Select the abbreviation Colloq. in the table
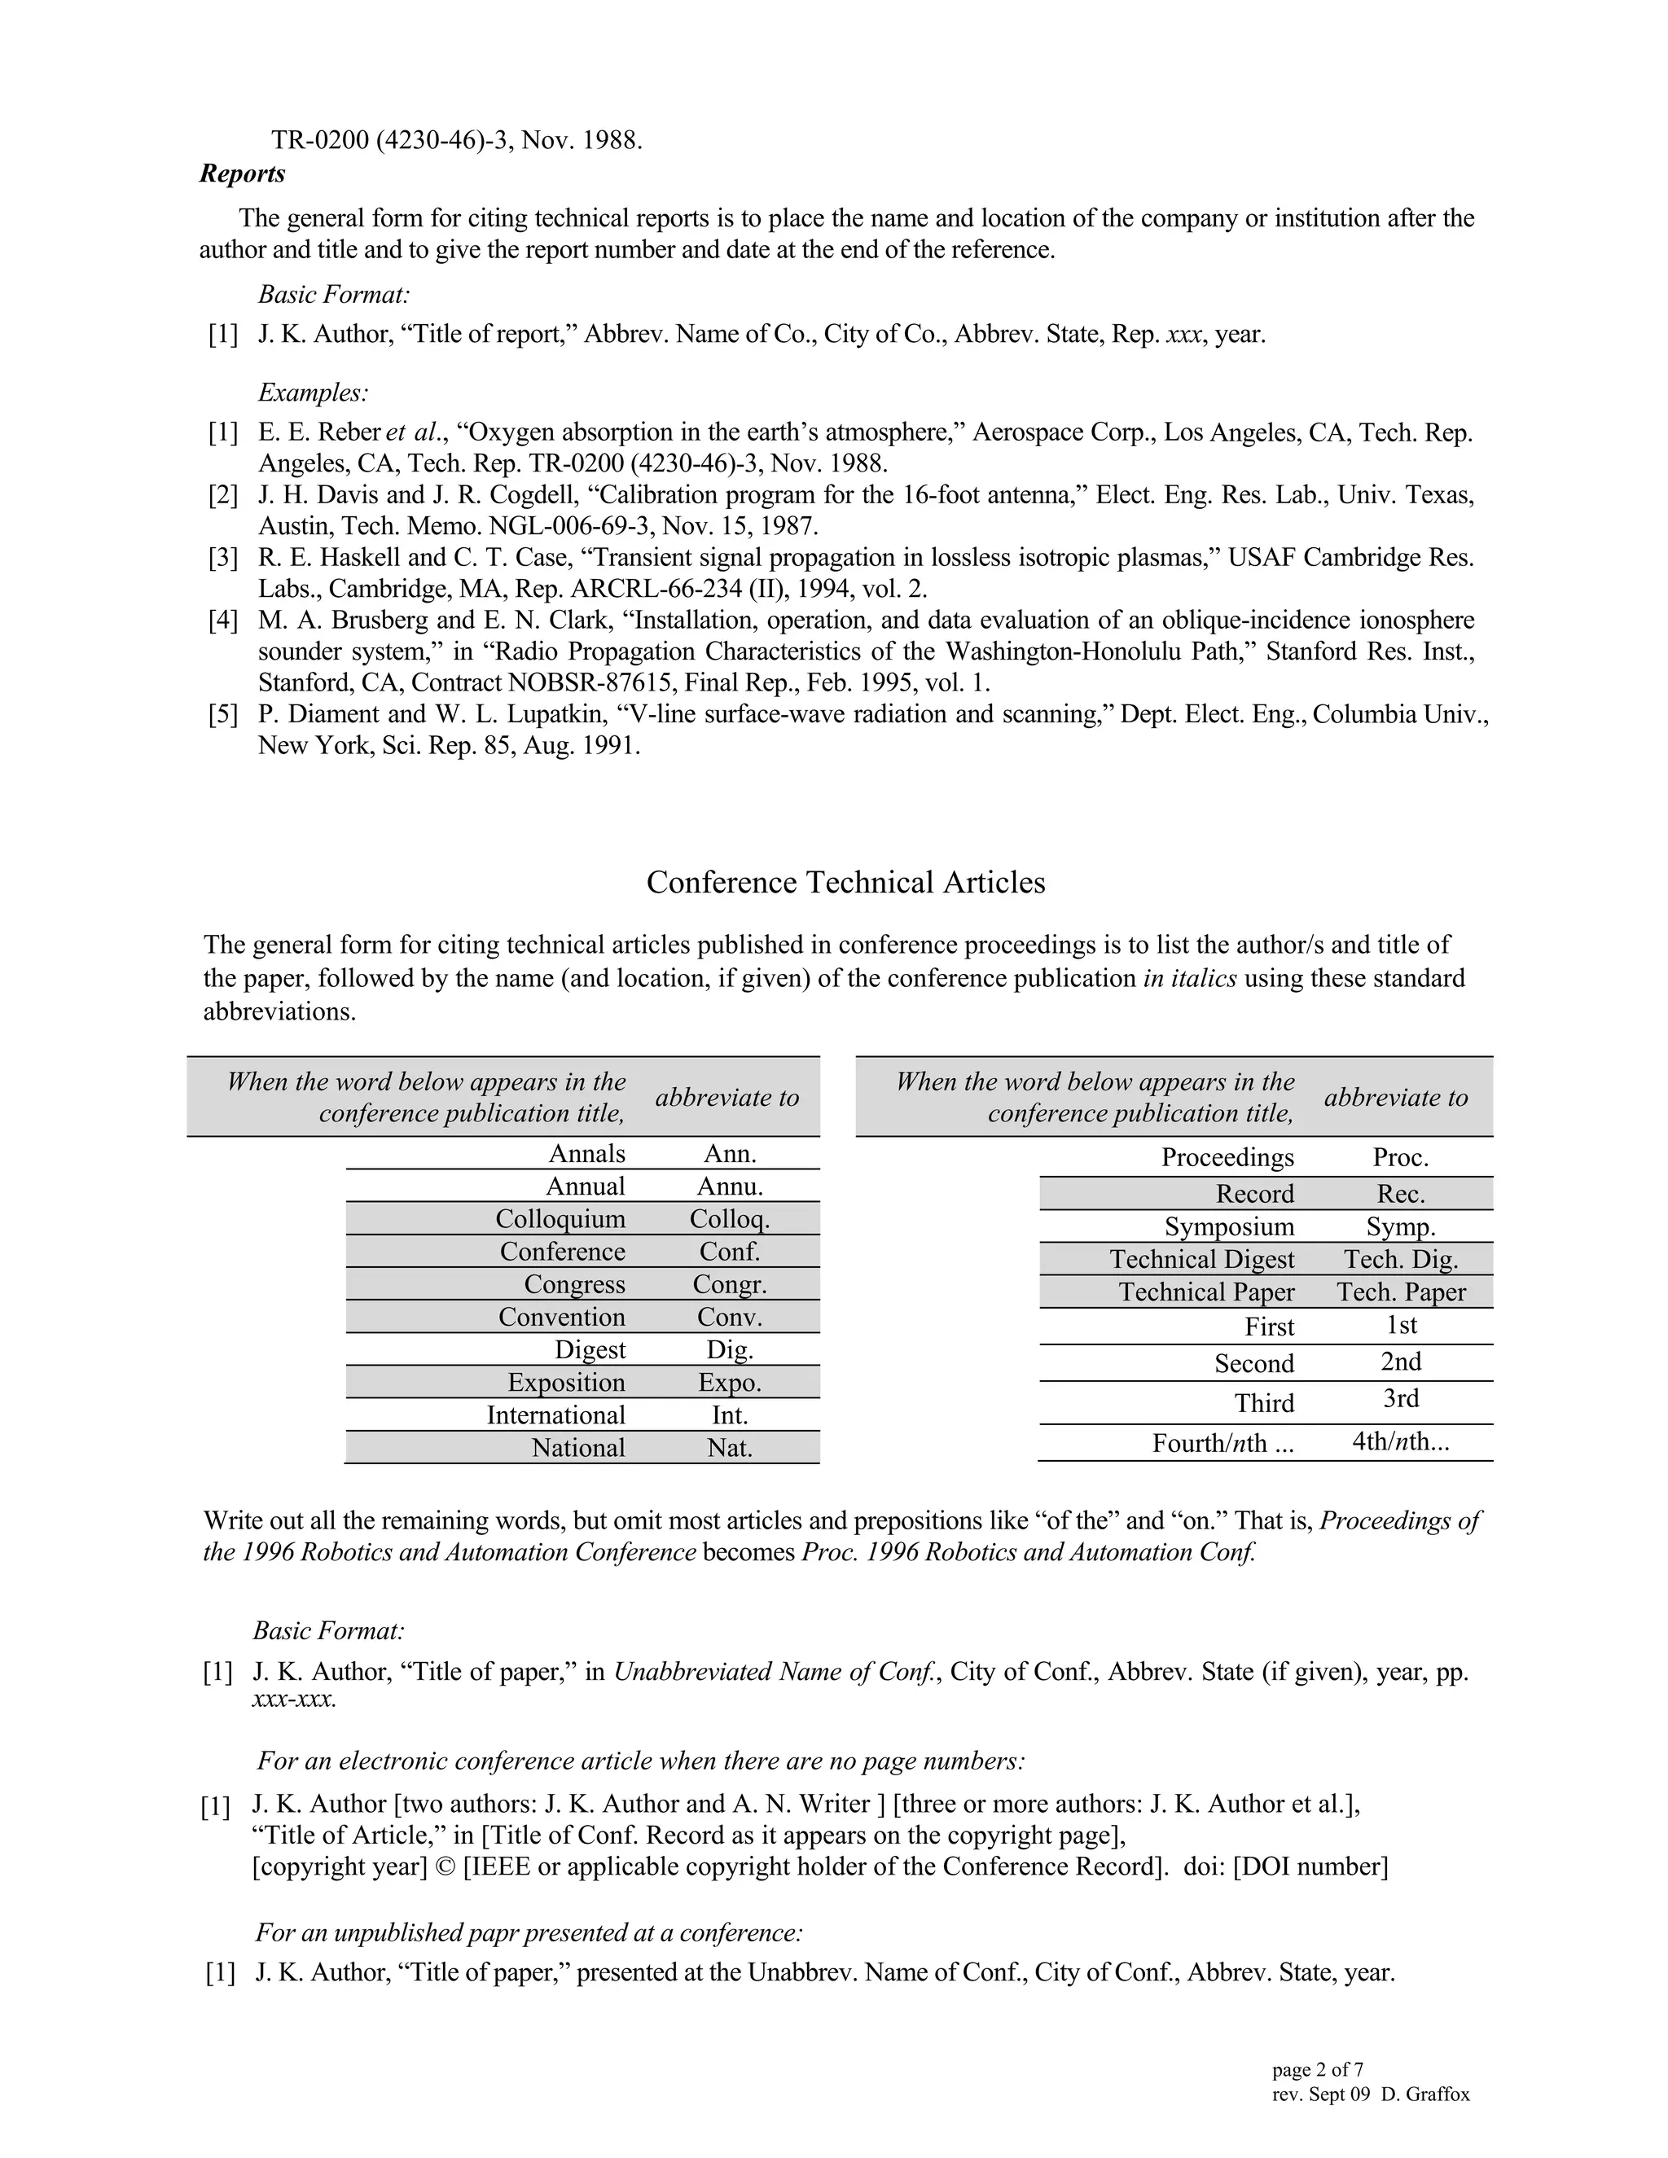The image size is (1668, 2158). (729, 1218)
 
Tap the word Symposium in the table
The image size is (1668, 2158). (1228, 1226)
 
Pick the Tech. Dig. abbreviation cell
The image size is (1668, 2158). (1400, 1259)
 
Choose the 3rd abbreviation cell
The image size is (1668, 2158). (1400, 1398)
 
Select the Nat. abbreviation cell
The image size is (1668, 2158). (729, 1448)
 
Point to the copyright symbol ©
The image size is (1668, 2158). (446, 1866)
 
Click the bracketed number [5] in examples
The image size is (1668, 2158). (223, 714)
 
